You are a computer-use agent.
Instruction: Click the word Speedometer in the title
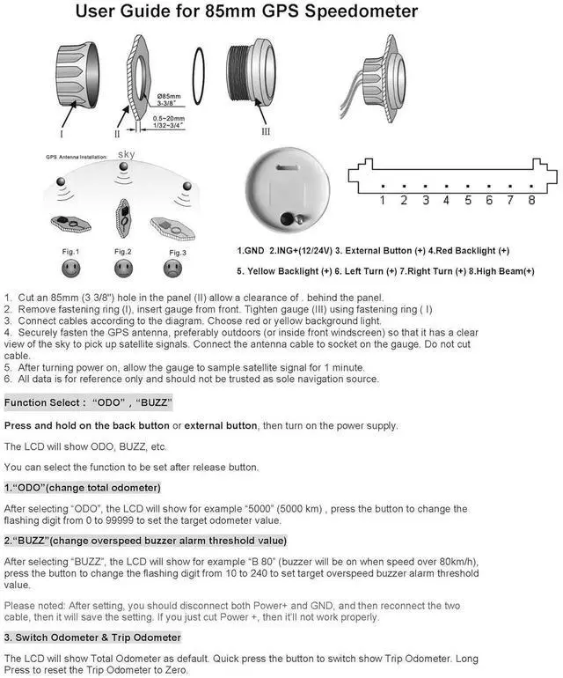tap(356, 11)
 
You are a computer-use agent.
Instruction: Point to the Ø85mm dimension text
tap(169, 94)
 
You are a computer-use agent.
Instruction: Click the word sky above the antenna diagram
tap(127, 156)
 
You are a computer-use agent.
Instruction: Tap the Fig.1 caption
tap(71, 251)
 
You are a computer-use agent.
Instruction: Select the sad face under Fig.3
tap(173, 267)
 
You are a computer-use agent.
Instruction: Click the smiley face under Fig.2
tap(122, 267)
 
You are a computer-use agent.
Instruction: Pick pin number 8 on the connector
tap(531, 201)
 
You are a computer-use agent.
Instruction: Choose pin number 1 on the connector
tap(382, 201)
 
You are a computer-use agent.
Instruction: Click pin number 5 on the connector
tap(467, 201)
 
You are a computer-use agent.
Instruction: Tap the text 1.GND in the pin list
tap(253, 251)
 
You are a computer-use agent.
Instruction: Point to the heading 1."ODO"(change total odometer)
tap(82, 487)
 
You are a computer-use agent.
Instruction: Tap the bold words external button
tap(221, 426)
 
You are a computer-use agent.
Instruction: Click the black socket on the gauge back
tap(286, 219)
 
